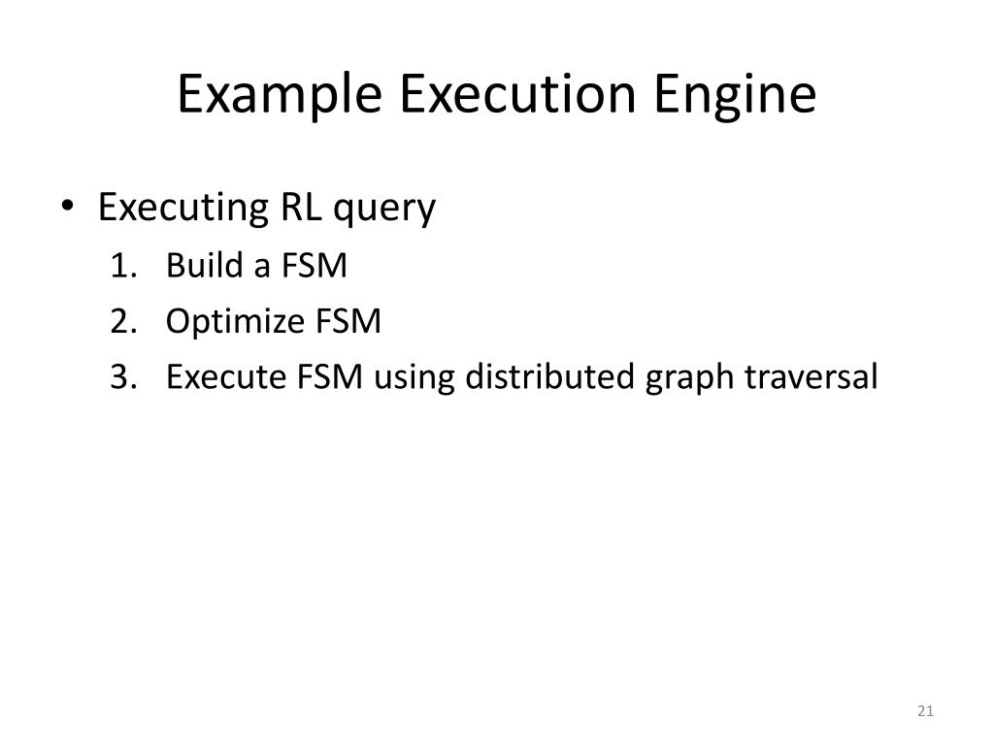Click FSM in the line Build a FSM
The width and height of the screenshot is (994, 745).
(315, 265)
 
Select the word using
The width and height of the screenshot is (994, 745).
(412, 378)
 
